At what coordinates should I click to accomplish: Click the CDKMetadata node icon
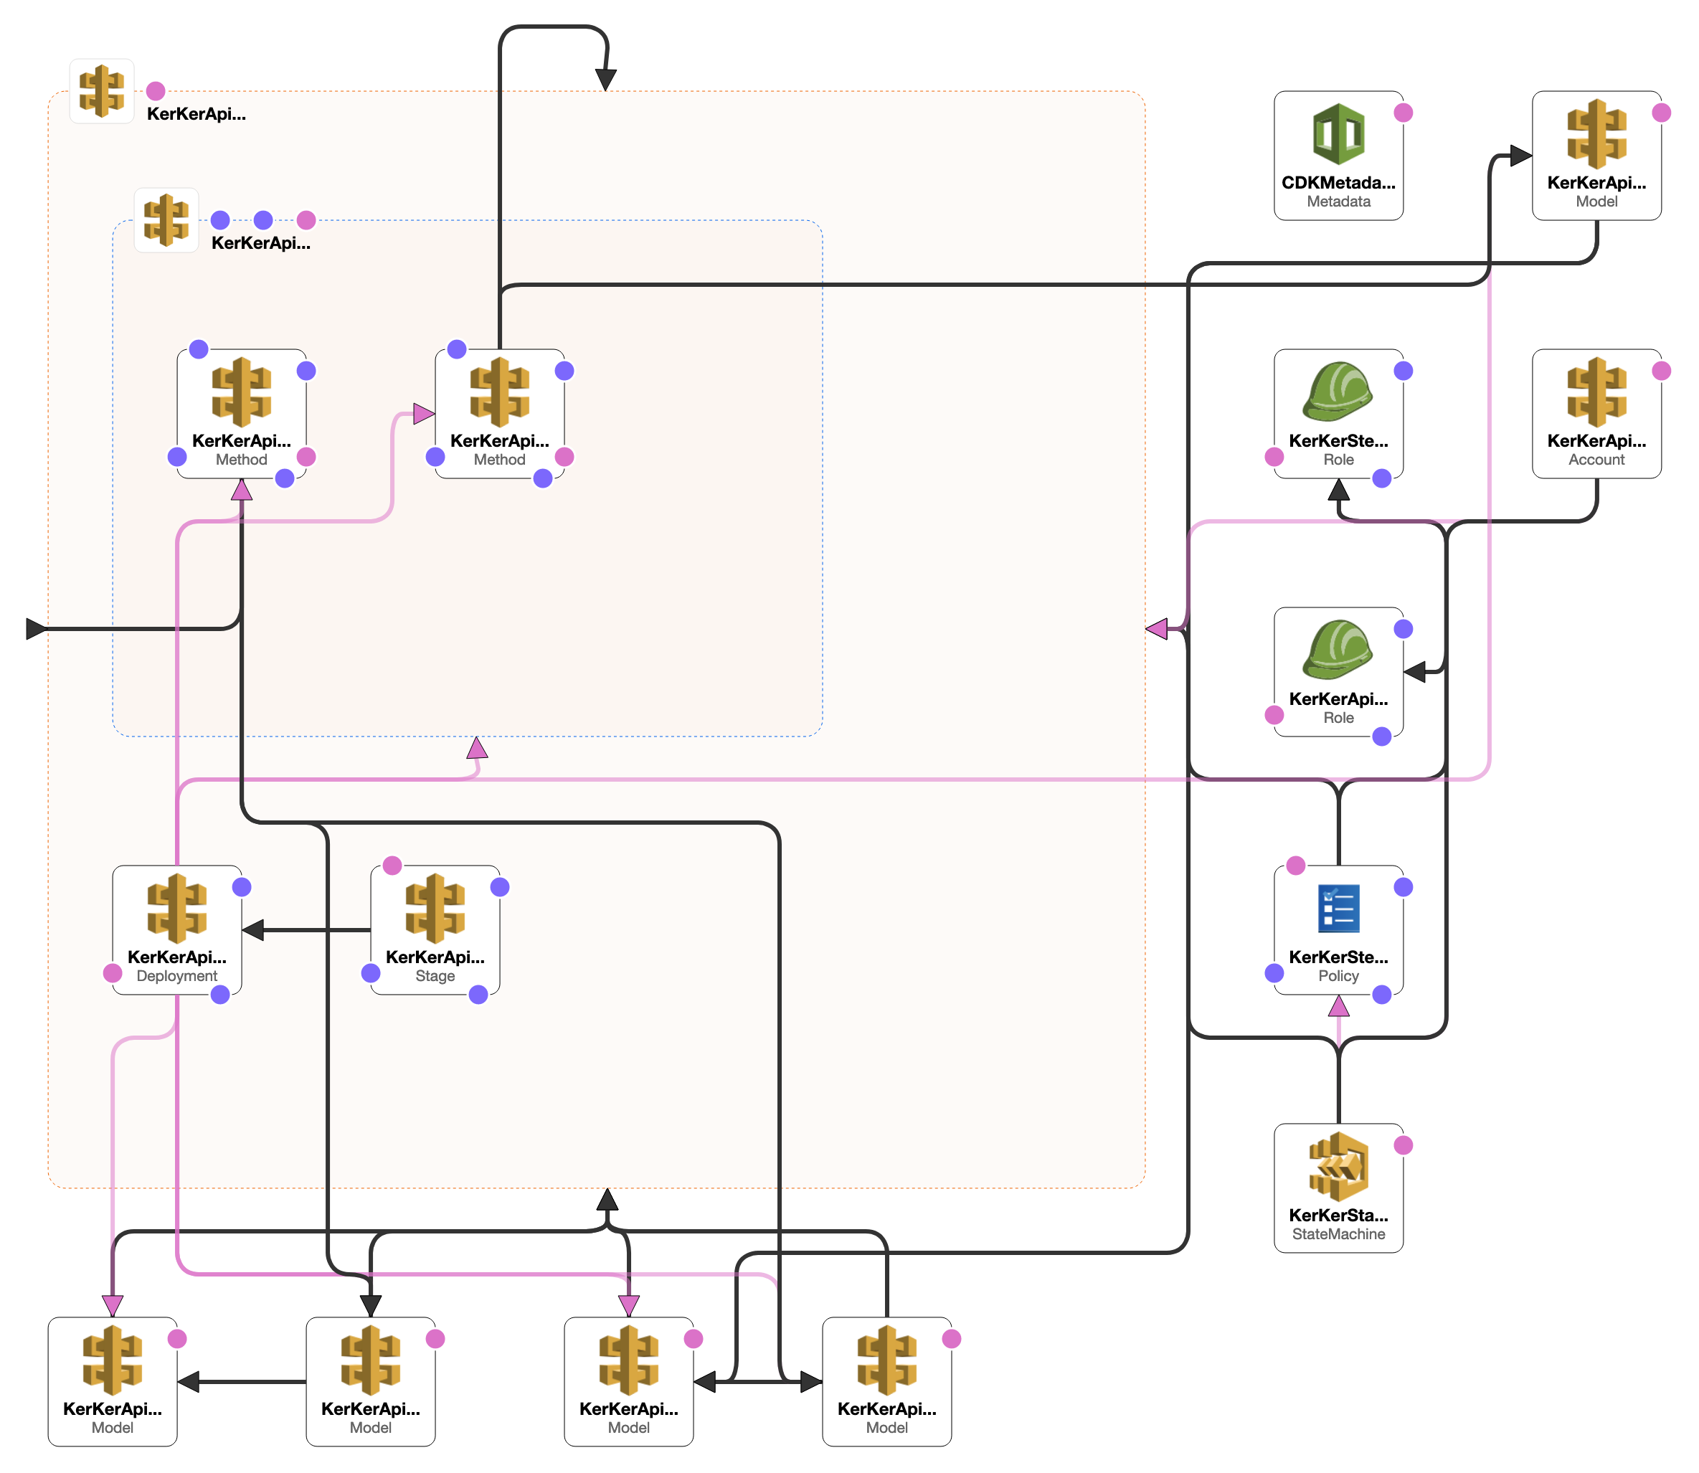pyautogui.click(x=1338, y=134)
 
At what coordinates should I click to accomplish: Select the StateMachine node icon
pyautogui.click(x=1338, y=1165)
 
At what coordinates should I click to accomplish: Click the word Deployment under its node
pyautogui.click(x=176, y=976)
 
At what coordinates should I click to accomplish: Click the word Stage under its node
pyautogui.click(x=435, y=976)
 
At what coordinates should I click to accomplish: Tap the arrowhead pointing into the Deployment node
pyautogui.click(x=252, y=929)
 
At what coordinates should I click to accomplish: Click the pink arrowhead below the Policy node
pyautogui.click(x=1338, y=1005)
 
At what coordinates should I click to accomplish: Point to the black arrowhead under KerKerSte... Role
pyautogui.click(x=1338, y=490)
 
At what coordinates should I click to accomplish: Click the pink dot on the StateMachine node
pyautogui.click(x=1402, y=1145)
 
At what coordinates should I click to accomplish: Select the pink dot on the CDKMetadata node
pyautogui.click(x=1402, y=113)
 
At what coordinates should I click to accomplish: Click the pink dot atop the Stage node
pyautogui.click(x=392, y=865)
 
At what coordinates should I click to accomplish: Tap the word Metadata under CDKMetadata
pyautogui.click(x=1338, y=202)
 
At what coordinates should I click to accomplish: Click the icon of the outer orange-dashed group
pyautogui.click(x=101, y=90)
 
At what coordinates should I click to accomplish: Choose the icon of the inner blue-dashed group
pyautogui.click(x=166, y=219)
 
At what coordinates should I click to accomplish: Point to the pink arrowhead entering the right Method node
pyautogui.click(x=424, y=414)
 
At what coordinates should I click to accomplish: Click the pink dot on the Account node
pyautogui.click(x=1660, y=371)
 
